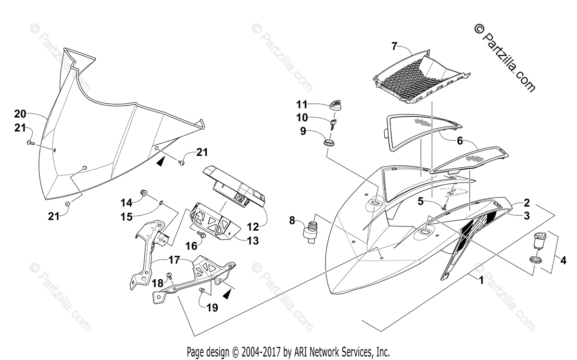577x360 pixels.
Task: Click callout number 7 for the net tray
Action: tap(394, 46)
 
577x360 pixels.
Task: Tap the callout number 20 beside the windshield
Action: tap(20, 114)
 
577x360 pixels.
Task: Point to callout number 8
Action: tap(291, 221)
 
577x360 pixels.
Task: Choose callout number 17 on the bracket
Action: tap(174, 261)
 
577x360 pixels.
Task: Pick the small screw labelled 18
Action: tap(169, 276)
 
